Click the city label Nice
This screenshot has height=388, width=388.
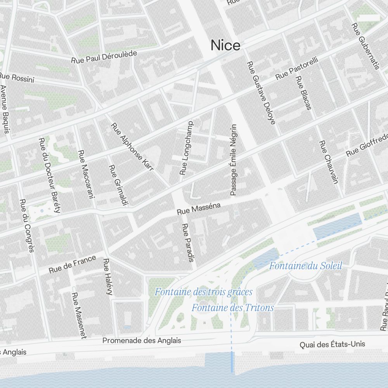coord(225,45)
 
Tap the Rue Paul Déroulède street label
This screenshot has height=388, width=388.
coord(104,57)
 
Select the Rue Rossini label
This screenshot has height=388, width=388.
coord(17,77)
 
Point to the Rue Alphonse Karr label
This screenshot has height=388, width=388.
coord(132,147)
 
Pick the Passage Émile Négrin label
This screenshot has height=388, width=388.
coord(233,160)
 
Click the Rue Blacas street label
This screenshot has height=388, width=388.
coord(303,93)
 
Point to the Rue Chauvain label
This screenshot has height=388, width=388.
coord(329,161)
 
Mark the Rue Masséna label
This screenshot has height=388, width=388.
coord(199,209)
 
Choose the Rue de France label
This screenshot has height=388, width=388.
coord(73,264)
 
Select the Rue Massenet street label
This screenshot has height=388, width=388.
coord(78,315)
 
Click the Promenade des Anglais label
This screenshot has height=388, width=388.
coord(142,341)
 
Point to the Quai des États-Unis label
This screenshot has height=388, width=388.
coord(332,344)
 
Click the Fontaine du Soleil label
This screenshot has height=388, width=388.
coord(306,266)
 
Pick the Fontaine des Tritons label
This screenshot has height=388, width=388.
coord(233,308)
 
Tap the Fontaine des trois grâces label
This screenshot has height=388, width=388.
coord(204,292)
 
